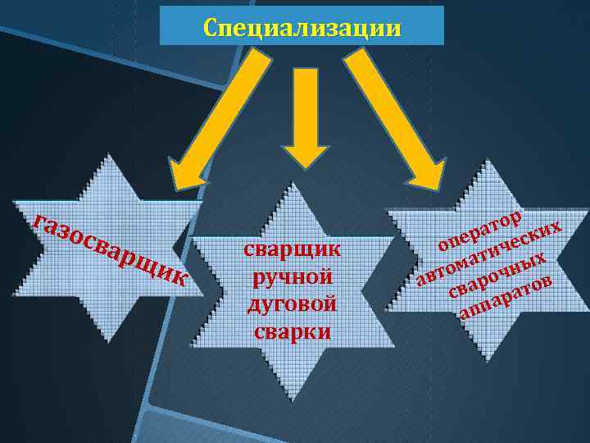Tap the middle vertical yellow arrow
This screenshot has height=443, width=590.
pyautogui.click(x=305, y=107)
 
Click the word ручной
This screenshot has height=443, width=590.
pyautogui.click(x=292, y=276)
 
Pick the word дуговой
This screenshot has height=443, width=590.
pyautogui.click(x=292, y=304)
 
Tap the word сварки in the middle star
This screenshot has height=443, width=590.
pyautogui.click(x=292, y=331)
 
